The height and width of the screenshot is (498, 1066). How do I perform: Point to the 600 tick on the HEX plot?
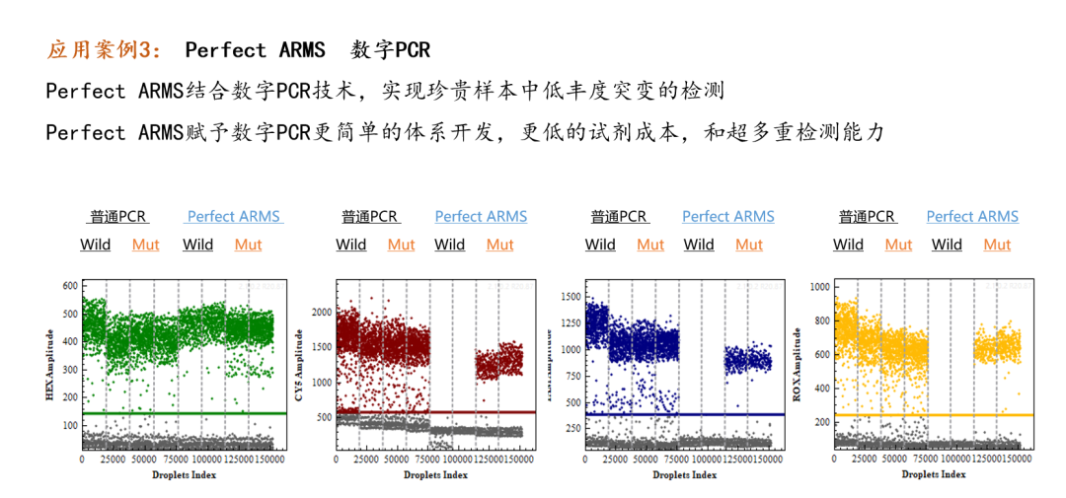tap(70, 286)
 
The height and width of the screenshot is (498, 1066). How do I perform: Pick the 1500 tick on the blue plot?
tap(570, 295)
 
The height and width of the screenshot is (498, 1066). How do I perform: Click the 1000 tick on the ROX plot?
tap(819, 287)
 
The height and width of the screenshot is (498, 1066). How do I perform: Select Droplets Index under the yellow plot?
tap(934, 474)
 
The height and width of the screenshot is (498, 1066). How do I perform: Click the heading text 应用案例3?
tap(109, 49)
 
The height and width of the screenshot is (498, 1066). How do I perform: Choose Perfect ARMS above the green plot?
tap(233, 216)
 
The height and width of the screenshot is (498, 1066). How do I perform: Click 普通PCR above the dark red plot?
tap(370, 216)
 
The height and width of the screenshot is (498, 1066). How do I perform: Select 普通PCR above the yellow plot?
tap(867, 216)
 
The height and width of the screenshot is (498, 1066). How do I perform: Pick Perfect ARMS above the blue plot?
tap(727, 216)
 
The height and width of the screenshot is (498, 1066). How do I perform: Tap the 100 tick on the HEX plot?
tap(70, 425)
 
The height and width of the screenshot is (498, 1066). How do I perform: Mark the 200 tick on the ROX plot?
tap(819, 422)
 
